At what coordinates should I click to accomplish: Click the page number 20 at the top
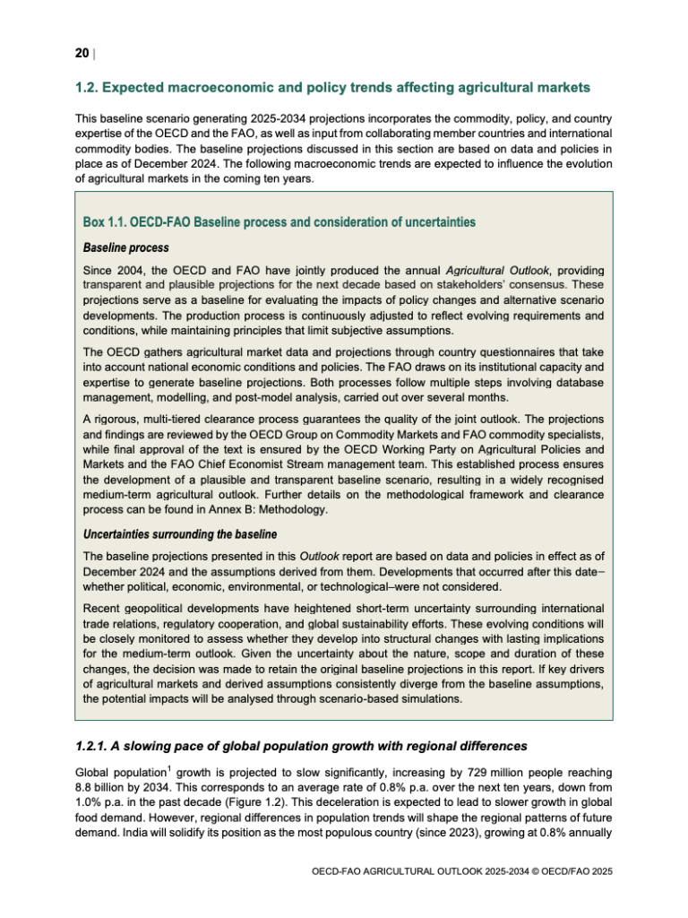click(x=81, y=54)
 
